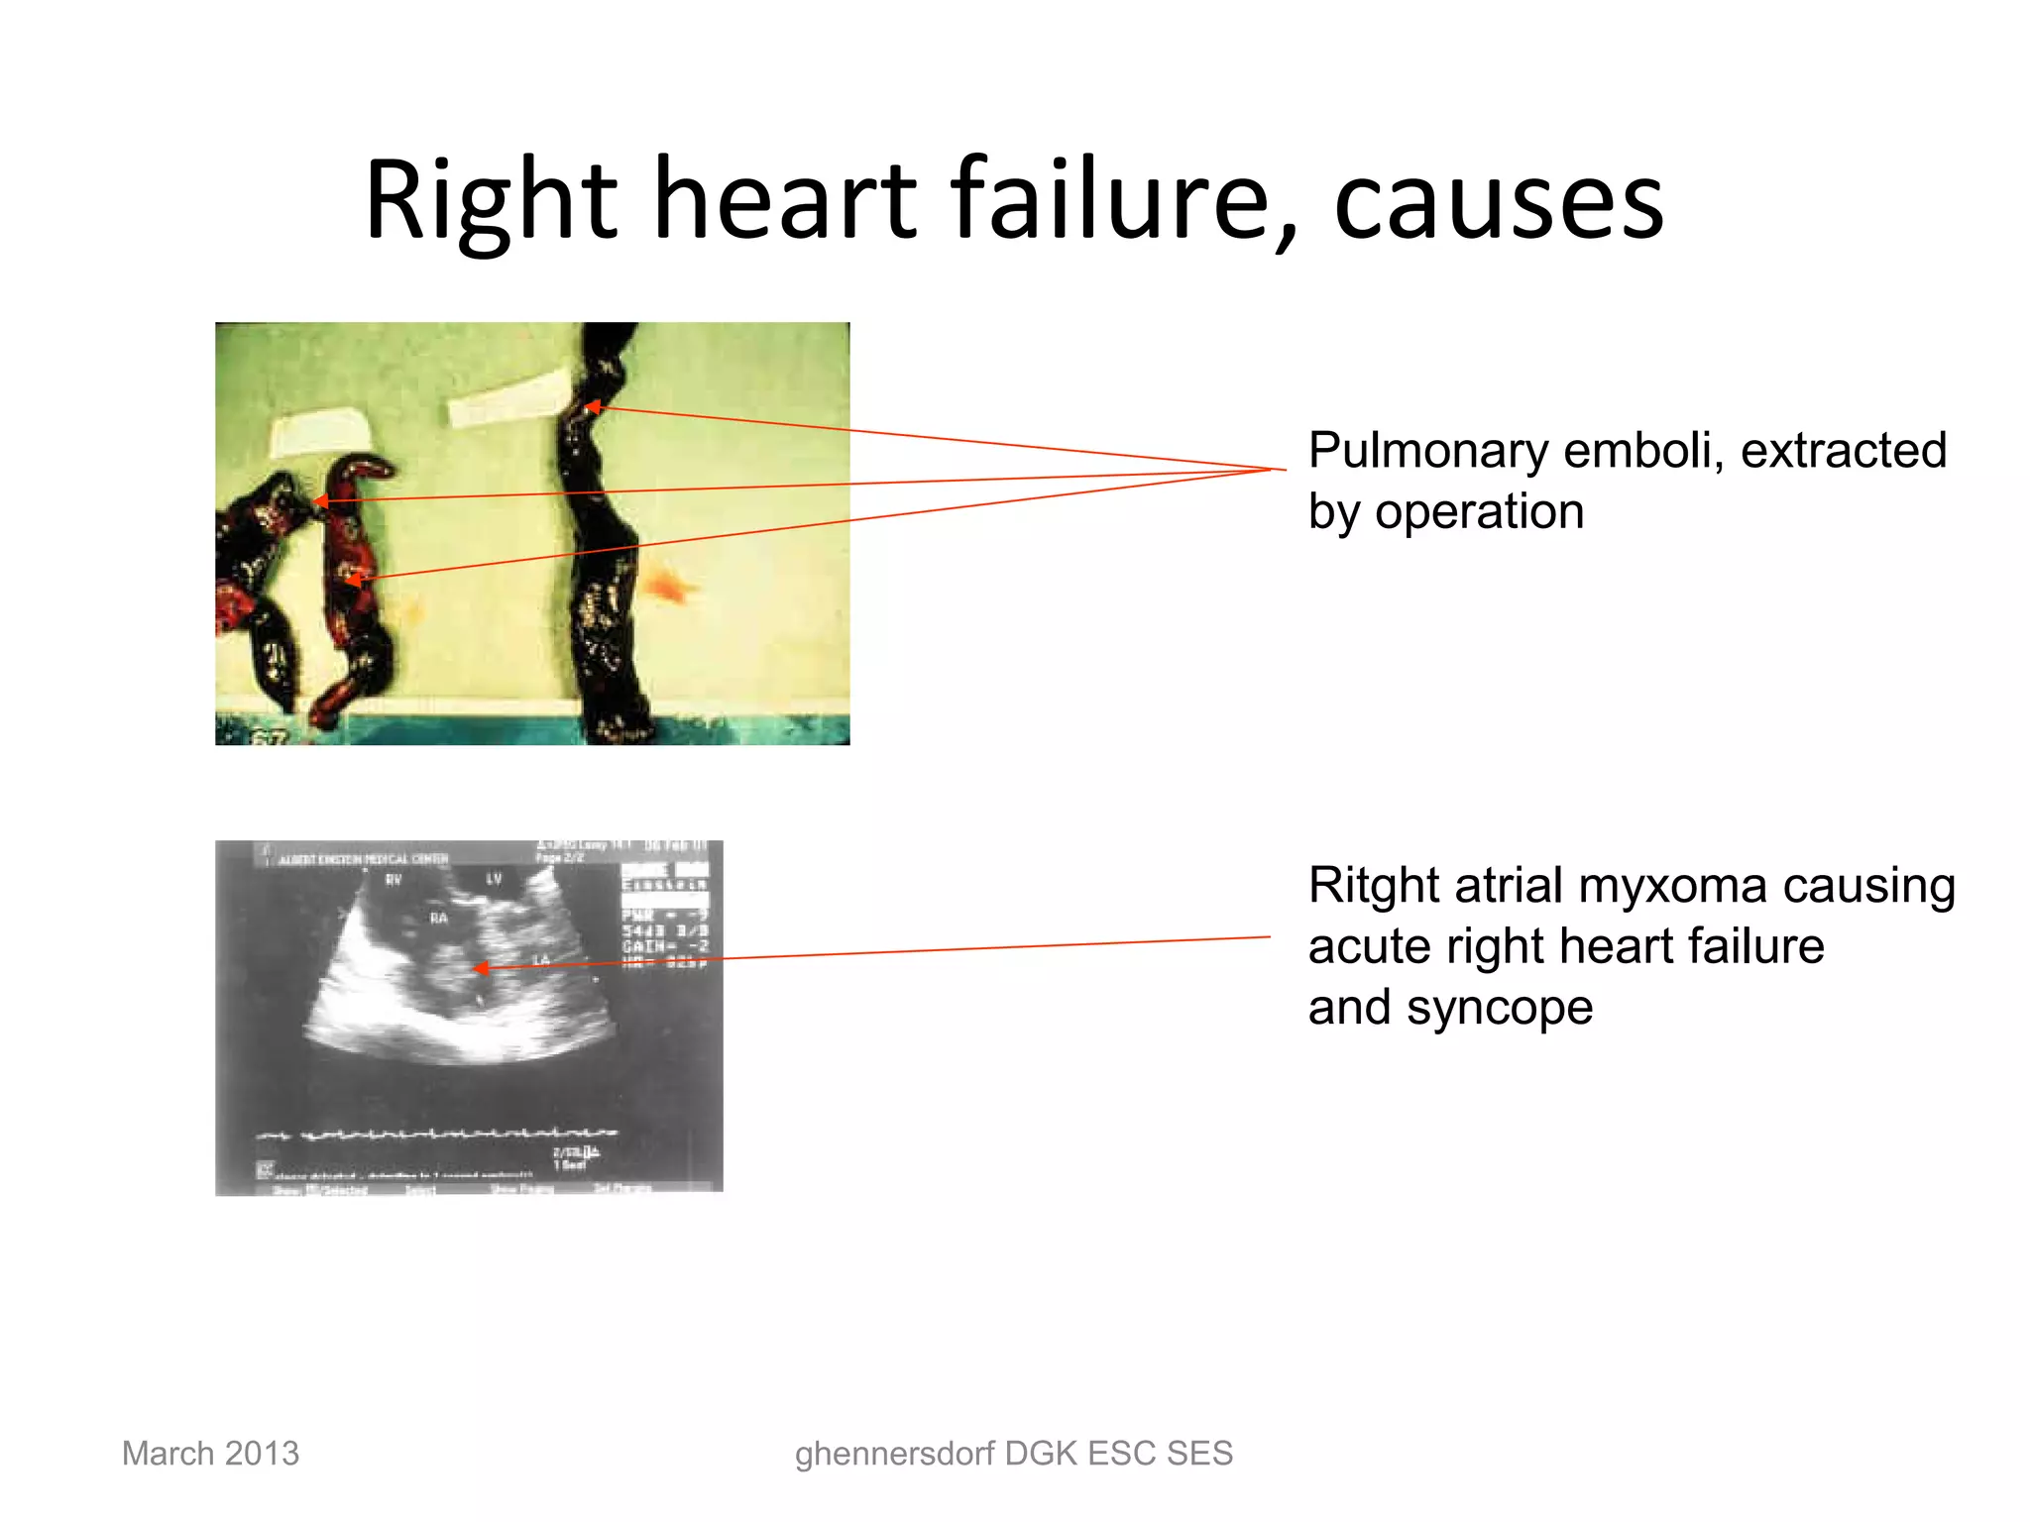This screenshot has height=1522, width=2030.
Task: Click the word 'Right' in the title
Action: pos(491,200)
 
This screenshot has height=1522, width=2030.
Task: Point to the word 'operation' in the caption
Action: pos(1479,512)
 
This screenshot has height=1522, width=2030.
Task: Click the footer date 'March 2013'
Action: pos(210,1454)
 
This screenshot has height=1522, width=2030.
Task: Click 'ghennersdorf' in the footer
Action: pos(895,1454)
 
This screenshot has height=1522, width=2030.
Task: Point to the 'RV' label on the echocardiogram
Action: pos(394,879)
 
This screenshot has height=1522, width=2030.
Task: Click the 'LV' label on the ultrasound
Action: pos(494,879)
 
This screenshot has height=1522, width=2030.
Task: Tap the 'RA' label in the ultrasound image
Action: pos(438,919)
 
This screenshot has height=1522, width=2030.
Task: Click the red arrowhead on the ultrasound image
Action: pos(480,968)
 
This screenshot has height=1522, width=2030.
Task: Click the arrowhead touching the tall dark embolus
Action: pos(593,406)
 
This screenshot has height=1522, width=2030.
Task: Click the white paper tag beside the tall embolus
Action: pos(509,397)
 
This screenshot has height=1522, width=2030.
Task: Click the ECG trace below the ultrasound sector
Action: pos(436,1134)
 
